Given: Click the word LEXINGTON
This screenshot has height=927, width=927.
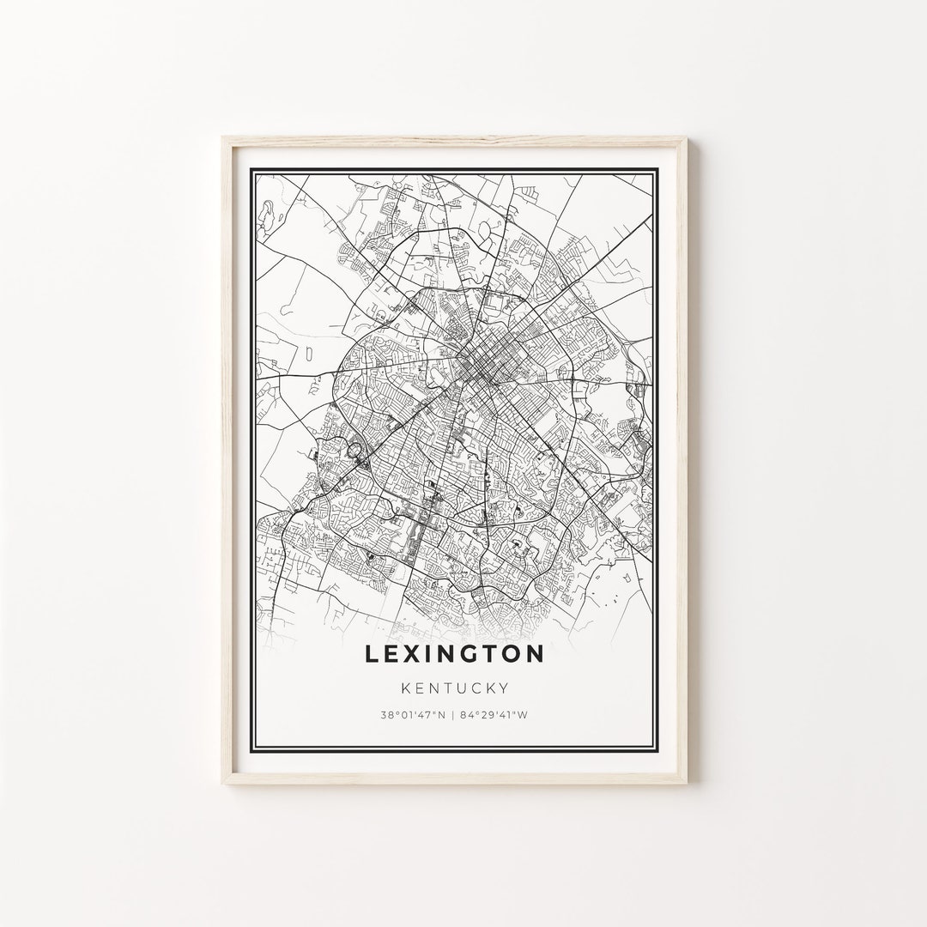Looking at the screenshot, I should (454, 654).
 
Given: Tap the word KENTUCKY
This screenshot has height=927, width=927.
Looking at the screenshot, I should (454, 688).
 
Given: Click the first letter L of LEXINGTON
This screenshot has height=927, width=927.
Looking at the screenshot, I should (372, 654).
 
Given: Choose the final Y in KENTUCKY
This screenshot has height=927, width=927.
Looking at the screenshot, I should (506, 688).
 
